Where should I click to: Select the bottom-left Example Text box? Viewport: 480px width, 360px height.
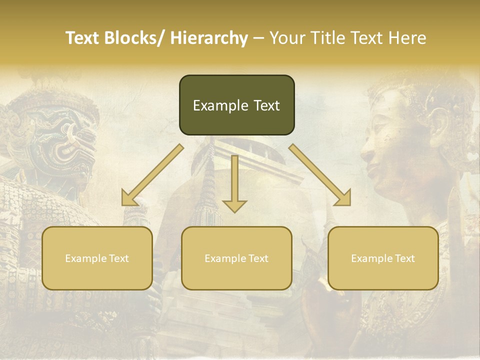(x=97, y=258)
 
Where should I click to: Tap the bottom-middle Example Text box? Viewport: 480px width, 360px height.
(x=236, y=258)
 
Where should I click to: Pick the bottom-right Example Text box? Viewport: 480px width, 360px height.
(x=383, y=258)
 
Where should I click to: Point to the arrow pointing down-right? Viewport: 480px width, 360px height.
(x=320, y=175)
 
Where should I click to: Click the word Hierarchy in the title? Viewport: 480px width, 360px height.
(x=209, y=38)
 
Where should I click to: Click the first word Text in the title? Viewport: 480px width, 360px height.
(x=83, y=38)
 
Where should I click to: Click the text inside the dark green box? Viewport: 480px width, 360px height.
(x=236, y=105)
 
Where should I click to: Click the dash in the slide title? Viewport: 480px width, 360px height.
(x=258, y=38)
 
